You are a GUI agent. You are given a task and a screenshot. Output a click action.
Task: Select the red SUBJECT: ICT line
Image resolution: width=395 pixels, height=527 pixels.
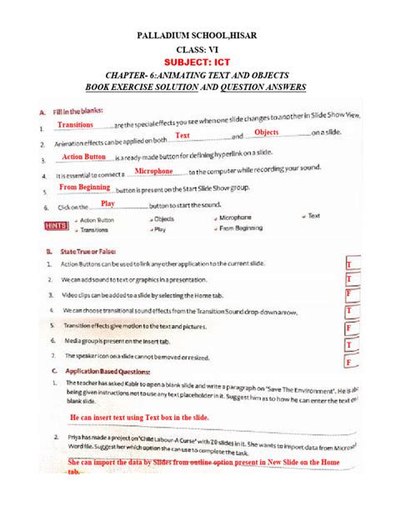point(197,62)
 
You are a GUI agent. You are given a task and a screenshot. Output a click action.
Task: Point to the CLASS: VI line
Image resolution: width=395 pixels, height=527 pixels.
point(197,48)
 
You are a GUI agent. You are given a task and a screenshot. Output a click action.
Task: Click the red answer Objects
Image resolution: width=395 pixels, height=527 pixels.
point(266,133)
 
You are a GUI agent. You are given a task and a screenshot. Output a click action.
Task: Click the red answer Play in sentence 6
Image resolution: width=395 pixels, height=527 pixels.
point(107,203)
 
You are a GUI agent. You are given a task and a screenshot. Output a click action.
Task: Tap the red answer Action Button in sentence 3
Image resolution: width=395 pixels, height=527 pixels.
point(84,156)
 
